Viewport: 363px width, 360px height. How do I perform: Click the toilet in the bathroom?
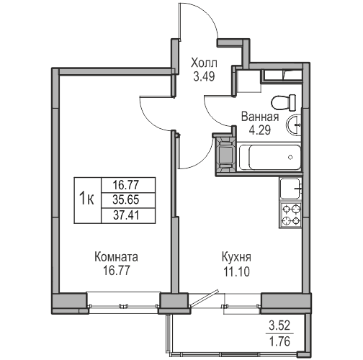284,102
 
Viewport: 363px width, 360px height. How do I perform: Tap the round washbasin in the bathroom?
294,125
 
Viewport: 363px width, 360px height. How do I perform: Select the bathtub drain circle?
290,157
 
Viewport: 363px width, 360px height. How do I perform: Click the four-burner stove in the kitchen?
291,215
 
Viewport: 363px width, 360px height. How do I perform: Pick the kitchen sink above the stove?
290,189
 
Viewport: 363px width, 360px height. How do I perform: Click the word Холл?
204,63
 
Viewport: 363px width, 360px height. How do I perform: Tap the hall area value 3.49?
204,77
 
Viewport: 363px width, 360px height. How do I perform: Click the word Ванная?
260,117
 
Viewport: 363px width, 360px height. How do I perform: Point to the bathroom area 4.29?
260,130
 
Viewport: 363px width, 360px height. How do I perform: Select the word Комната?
116,257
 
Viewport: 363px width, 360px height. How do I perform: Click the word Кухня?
236,257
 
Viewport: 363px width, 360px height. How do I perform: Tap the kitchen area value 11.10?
236,271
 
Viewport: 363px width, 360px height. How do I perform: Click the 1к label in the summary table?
86,199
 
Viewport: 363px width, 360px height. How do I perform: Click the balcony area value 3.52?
279,325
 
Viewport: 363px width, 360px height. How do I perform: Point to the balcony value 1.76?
279,341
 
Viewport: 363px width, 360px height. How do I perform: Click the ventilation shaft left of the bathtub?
225,155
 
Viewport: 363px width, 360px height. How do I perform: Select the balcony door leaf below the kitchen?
205,298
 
